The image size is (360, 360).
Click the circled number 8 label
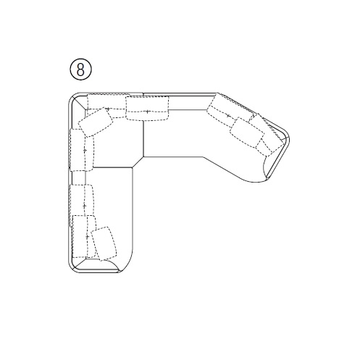tap(80, 70)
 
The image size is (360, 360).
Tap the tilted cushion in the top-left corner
tap(96, 122)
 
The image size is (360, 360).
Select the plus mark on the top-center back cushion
tap(147, 112)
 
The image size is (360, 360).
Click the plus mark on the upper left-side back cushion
tap(85, 151)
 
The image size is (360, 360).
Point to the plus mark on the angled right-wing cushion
tap(228, 116)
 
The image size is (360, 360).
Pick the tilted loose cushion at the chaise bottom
tap(104, 243)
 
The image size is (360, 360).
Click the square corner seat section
tap(116, 143)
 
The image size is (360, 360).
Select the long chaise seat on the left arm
tap(109, 217)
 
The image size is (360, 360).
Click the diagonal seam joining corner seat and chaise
tap(138, 162)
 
